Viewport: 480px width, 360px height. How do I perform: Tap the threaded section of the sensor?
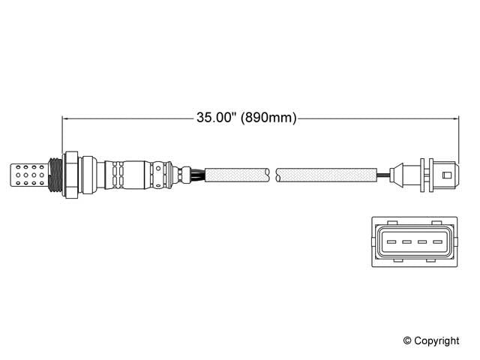53,175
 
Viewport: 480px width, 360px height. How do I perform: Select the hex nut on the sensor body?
70,175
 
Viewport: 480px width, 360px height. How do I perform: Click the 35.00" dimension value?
216,118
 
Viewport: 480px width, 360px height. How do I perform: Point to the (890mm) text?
268,118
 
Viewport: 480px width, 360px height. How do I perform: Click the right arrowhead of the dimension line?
454,118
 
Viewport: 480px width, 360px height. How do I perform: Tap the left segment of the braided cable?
236,176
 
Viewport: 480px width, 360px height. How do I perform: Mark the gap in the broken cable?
273,176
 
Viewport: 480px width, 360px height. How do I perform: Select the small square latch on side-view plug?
447,176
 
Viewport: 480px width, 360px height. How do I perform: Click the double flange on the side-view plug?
426,176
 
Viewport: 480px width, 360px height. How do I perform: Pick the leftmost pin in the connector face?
391,241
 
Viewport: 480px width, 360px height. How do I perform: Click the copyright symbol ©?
409,340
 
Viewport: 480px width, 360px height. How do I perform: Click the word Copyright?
437,340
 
